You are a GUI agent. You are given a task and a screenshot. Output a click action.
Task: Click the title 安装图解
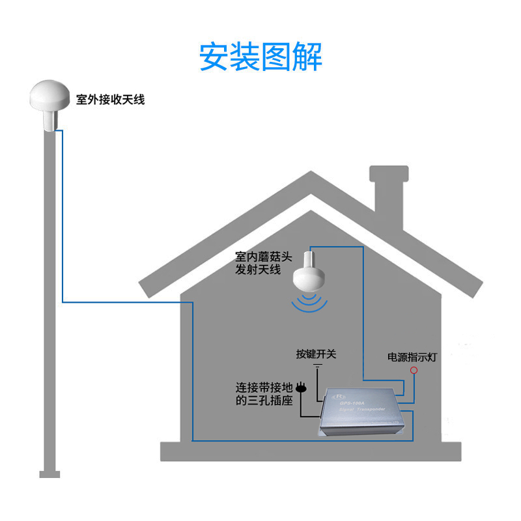[x=260, y=57]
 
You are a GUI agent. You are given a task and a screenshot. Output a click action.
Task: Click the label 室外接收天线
[x=110, y=100]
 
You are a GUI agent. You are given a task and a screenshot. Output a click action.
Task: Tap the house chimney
[x=389, y=195]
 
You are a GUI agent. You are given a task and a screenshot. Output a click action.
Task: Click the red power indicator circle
[x=413, y=371]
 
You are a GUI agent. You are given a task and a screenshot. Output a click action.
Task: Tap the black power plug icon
[x=301, y=388]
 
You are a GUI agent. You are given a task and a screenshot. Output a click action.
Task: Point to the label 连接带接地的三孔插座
[x=264, y=394]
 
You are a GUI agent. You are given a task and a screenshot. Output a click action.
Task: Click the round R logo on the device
[x=339, y=396]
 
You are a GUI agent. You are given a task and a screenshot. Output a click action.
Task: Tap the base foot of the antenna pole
[x=49, y=474]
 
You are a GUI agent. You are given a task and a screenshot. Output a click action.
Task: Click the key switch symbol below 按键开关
[x=317, y=369]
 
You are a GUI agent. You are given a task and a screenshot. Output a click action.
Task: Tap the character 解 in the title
[x=307, y=57]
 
